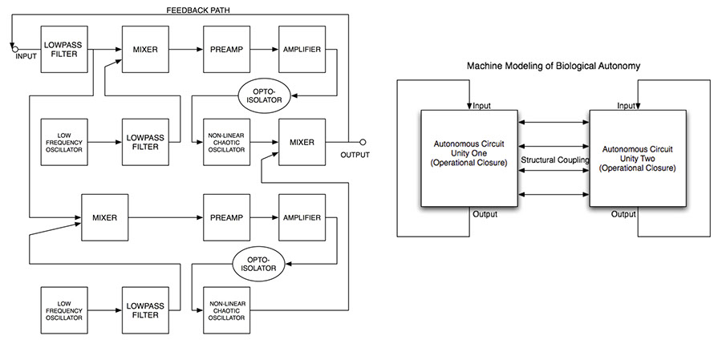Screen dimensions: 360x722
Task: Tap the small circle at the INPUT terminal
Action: (x=14, y=49)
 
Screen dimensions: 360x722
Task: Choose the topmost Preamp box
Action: (x=225, y=50)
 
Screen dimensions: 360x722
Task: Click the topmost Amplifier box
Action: (x=301, y=50)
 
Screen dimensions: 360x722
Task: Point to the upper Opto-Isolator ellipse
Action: (x=262, y=95)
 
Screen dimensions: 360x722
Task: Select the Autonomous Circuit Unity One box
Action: (x=469, y=157)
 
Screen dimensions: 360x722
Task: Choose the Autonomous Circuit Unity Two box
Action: (x=637, y=157)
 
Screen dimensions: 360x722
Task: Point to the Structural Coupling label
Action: (x=554, y=160)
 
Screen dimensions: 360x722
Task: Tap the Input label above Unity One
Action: (x=482, y=105)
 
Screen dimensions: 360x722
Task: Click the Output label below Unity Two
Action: (x=624, y=214)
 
